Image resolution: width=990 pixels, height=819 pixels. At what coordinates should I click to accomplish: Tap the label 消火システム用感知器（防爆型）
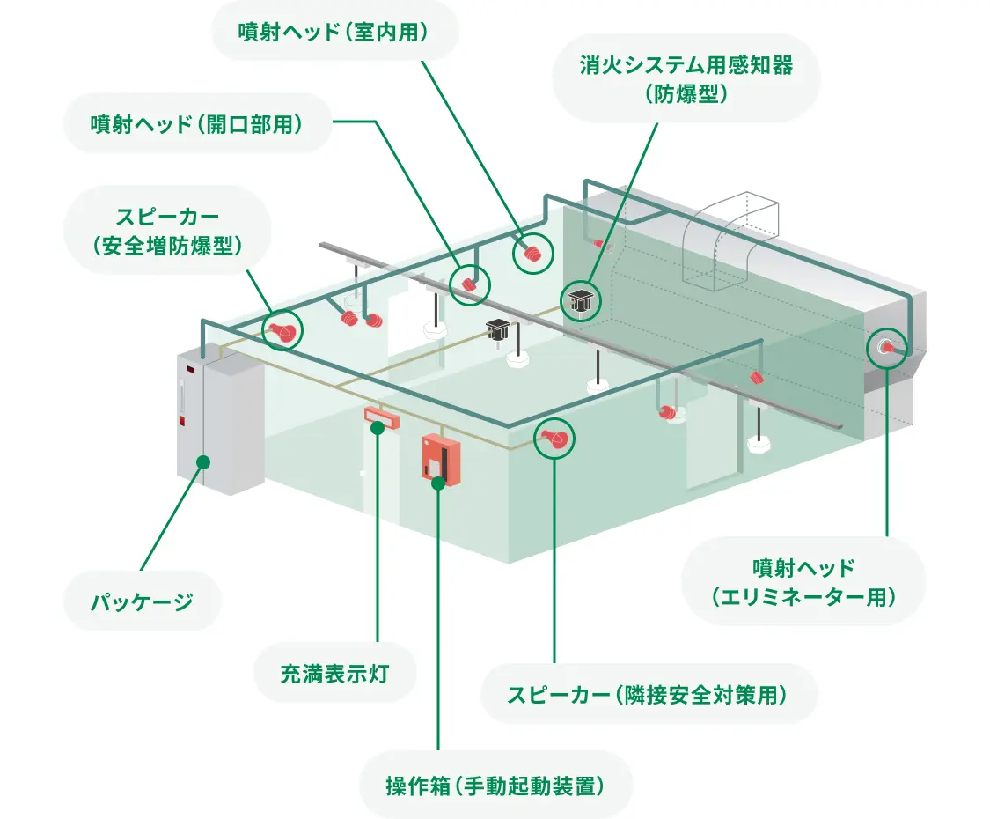coord(686,79)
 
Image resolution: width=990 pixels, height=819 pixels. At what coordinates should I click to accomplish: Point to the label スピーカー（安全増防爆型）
coord(166,231)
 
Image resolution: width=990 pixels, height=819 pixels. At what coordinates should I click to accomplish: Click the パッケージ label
coord(142,602)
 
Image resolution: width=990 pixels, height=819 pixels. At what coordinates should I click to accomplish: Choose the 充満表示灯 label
coord(334,675)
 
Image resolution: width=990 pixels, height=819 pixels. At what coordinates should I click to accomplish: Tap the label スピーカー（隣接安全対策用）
coord(648,694)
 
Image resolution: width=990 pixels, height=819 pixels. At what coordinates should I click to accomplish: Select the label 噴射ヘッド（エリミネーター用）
coord(803,581)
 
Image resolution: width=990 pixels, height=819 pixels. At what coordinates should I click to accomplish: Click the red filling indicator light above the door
coord(382,417)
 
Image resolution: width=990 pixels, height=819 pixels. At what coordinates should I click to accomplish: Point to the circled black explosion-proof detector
coord(580,300)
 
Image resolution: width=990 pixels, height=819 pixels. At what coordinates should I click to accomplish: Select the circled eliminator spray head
coord(887,348)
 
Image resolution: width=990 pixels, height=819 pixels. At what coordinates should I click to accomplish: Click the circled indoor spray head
coord(532,253)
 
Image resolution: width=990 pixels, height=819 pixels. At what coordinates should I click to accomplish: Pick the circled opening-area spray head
coord(468,284)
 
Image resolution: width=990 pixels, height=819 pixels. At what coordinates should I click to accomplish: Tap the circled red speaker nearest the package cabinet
coord(282,331)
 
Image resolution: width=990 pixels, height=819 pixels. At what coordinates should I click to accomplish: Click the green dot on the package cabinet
coord(203,461)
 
